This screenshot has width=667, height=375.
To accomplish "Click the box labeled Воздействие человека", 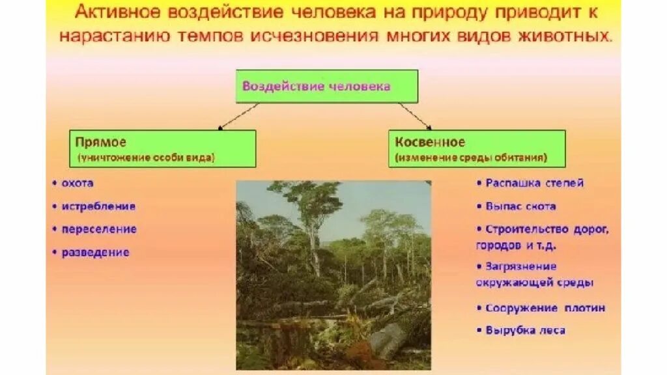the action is pyautogui.click(x=327, y=87).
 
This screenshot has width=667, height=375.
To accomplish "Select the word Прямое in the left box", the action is pyautogui.click(x=100, y=141).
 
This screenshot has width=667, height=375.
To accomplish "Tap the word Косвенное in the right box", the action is pyautogui.click(x=430, y=141).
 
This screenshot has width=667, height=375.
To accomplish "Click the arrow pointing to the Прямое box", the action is pyautogui.click(x=238, y=116).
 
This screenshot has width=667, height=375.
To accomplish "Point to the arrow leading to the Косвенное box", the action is pyautogui.click(x=415, y=116).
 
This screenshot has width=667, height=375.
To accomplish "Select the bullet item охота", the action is pyautogui.click(x=73, y=183).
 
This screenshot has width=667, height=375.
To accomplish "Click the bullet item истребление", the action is pyautogui.click(x=94, y=206).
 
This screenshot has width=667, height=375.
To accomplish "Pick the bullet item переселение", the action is pyautogui.click(x=94, y=229).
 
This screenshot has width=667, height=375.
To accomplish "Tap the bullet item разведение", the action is pyautogui.click(x=91, y=252).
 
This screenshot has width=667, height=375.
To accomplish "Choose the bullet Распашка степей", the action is pyautogui.click(x=530, y=183).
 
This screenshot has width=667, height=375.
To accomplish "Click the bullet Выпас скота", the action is pyautogui.click(x=516, y=206).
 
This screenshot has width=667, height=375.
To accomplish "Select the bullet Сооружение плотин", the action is pyautogui.click(x=541, y=308).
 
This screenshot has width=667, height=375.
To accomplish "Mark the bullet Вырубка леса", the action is pyautogui.click(x=521, y=330).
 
